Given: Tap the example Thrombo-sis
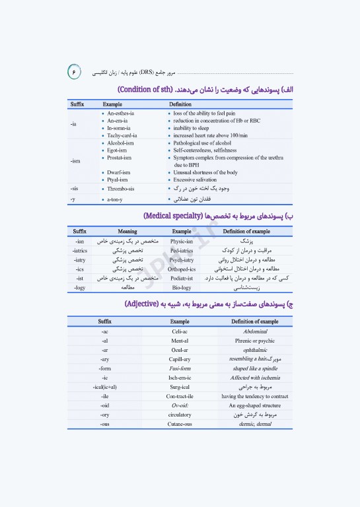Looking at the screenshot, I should (123, 189).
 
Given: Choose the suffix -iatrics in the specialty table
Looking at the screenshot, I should (80, 251).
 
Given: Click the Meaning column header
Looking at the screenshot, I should (127, 232).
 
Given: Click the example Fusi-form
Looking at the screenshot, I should (180, 368).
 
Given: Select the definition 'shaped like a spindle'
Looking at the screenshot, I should (255, 368).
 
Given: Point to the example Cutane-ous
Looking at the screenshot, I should (180, 424).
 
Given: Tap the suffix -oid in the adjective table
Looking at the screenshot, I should (105, 405).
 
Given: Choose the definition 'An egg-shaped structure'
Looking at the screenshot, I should (255, 405).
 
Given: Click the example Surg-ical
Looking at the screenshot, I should (180, 387).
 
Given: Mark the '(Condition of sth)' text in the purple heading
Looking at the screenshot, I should (149, 89).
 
